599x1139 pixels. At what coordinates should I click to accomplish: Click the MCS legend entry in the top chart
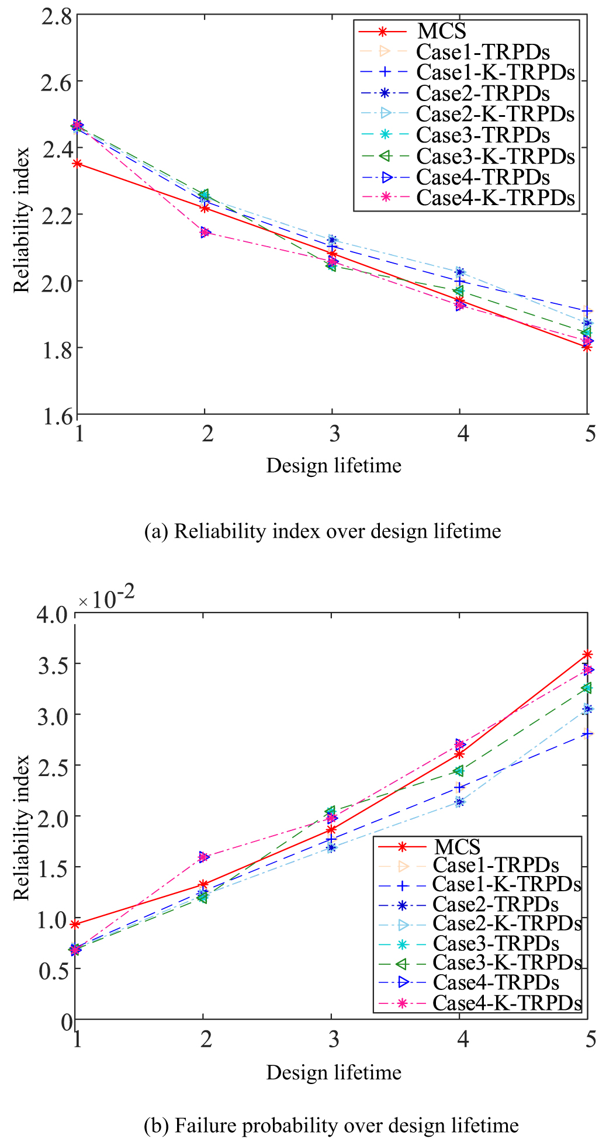[442, 31]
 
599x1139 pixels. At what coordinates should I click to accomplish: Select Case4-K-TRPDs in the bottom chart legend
[507, 1002]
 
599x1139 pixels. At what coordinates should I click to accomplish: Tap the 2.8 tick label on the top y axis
[56, 15]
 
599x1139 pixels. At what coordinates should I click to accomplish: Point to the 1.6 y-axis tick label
[56, 416]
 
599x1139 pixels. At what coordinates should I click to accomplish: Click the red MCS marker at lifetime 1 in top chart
[77, 164]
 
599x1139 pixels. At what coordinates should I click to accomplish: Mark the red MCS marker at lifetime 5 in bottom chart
[587, 654]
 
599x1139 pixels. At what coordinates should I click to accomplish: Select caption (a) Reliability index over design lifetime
[322, 531]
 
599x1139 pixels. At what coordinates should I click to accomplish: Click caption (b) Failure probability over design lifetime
[331, 1125]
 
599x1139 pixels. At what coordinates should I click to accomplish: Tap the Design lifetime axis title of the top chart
[334, 466]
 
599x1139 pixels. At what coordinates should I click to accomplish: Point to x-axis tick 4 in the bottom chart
[462, 1040]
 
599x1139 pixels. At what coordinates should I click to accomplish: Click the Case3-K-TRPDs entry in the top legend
[495, 156]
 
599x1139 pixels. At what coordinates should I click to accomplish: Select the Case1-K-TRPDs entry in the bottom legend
[507, 884]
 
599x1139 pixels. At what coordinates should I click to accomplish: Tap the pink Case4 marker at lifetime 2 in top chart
[205, 233]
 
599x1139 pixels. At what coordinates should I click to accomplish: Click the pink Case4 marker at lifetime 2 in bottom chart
[203, 857]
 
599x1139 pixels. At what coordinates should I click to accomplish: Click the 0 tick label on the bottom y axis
[67, 1022]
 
